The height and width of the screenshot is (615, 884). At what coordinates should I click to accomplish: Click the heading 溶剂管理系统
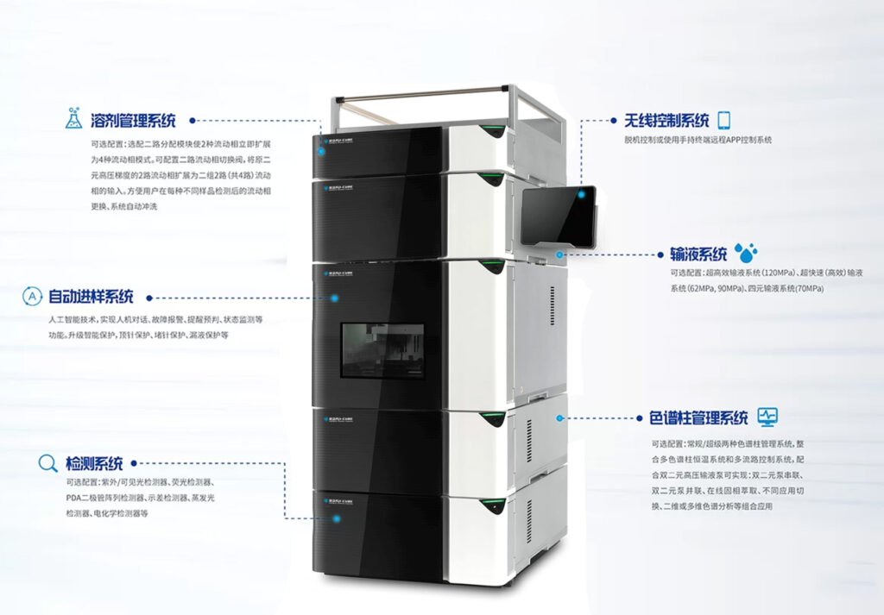point(133,121)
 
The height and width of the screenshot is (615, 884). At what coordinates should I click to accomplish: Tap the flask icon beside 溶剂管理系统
point(75,119)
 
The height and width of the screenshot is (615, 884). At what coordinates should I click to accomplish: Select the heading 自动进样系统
point(91,298)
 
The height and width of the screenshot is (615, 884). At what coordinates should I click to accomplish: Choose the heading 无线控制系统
point(666,121)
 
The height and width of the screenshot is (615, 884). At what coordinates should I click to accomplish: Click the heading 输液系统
point(698,254)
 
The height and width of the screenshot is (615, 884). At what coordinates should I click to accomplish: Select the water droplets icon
point(745,253)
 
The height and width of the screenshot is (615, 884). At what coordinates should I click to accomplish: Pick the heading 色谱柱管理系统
point(698,418)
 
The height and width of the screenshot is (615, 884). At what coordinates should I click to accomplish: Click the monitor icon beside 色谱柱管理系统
point(767,417)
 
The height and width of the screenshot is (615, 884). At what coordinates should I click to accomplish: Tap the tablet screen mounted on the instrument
point(559,217)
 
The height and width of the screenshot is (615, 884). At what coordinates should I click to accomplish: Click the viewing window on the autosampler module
point(382,351)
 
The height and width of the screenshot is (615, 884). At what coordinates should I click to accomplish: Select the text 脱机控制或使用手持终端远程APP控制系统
point(698,140)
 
